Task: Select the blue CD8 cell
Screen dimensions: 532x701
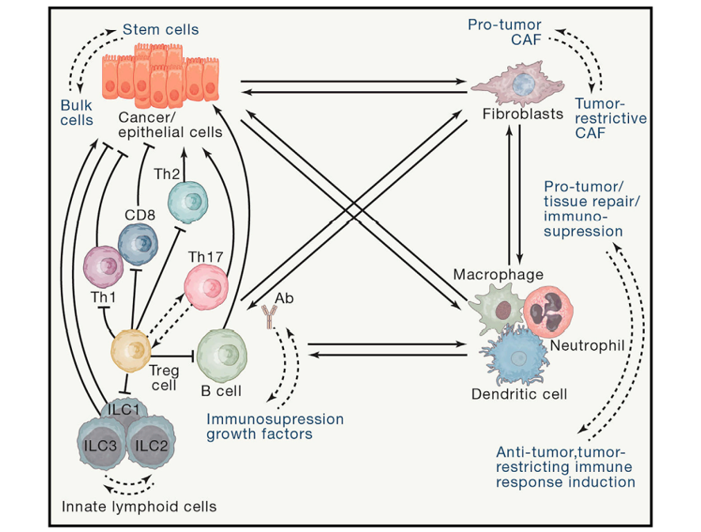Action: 138,243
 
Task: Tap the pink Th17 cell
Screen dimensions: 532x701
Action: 207,287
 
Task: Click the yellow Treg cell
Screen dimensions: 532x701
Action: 131,348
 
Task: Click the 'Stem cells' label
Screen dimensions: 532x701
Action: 161,30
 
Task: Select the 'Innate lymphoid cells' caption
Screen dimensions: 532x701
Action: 139,506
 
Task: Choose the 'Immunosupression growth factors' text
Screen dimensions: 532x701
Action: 275,426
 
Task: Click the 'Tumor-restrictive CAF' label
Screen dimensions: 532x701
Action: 610,119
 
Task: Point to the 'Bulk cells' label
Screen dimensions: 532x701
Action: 77,113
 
